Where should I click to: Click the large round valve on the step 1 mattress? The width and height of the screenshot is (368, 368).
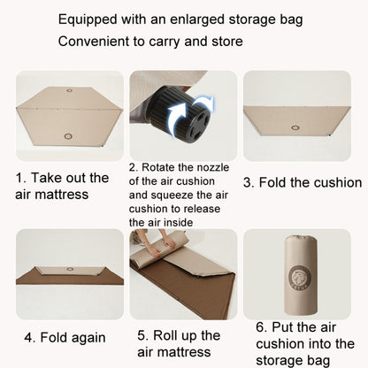pos(69,135)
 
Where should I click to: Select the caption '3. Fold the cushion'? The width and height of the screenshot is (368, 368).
pos(303,182)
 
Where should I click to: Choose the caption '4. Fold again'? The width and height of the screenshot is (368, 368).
pos(65,337)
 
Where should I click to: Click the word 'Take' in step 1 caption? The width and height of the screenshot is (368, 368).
pos(57,178)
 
